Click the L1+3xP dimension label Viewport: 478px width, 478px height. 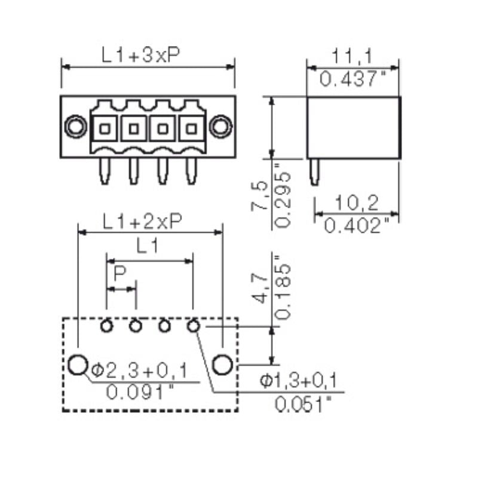pyautogui.click(x=141, y=56)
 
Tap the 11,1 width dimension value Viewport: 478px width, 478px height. pyautogui.click(x=353, y=57)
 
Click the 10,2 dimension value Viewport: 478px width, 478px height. pyautogui.click(x=356, y=204)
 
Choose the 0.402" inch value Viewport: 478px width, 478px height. pyautogui.click(x=357, y=225)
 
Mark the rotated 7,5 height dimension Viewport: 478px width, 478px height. pyautogui.click(x=260, y=197)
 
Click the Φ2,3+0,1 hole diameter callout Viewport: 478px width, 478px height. pyautogui.click(x=139, y=371)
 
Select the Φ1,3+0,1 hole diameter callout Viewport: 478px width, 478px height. pyautogui.click(x=298, y=380)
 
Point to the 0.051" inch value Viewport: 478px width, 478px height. pyautogui.click(x=303, y=404)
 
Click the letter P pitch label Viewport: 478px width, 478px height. pyautogui.click(x=119, y=274)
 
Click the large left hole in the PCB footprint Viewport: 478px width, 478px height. pyautogui.click(x=78, y=364)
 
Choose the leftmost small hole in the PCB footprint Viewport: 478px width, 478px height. pyautogui.click(x=106, y=326)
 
